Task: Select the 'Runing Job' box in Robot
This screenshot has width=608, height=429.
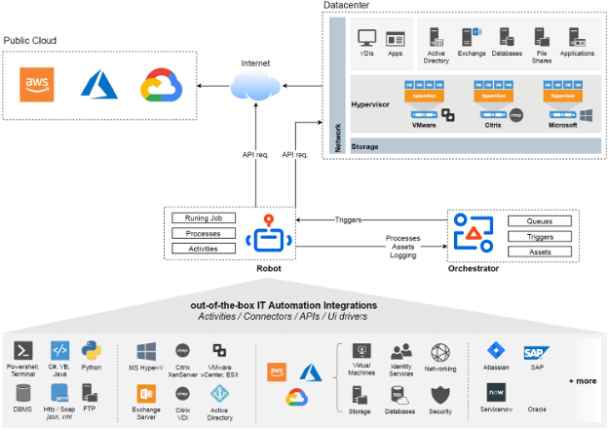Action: (203, 218)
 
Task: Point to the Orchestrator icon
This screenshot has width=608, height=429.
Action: (475, 235)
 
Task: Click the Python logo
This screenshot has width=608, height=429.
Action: (92, 351)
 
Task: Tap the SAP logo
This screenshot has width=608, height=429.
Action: (533, 353)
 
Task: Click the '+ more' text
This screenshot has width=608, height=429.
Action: (584, 380)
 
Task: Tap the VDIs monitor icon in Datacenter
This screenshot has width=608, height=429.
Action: (367, 39)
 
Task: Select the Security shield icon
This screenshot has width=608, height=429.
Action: (439, 395)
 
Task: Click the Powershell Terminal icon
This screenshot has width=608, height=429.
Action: (22, 351)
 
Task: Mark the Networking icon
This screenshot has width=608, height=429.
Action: (439, 353)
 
